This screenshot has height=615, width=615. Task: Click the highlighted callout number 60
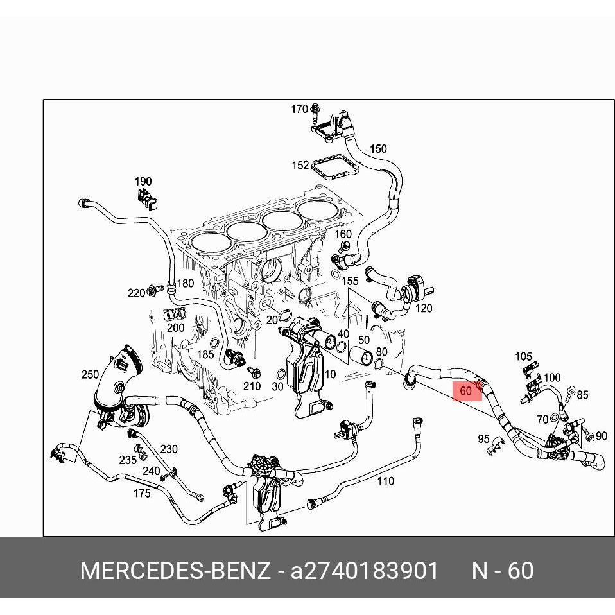[x=466, y=390]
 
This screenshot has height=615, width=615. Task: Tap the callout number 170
[x=299, y=109]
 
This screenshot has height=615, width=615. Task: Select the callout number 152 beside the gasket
[x=300, y=165]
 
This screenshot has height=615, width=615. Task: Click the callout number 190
[x=143, y=181]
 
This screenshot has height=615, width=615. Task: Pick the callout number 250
[x=90, y=375]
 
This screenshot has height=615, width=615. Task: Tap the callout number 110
[x=385, y=481]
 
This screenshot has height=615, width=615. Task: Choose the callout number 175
[x=141, y=493]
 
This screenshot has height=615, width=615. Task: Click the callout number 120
[x=424, y=308]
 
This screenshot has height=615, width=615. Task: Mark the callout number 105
[x=523, y=356]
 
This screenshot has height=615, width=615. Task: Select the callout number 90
[x=601, y=436]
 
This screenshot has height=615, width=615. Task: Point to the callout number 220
[x=136, y=293]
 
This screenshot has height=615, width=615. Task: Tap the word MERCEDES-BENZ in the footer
[x=175, y=571]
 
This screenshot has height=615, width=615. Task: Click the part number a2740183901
[x=365, y=571]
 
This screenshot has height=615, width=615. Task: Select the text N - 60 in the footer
[x=503, y=571]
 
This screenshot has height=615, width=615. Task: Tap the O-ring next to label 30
[x=281, y=374]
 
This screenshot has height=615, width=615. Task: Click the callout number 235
[x=128, y=460]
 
